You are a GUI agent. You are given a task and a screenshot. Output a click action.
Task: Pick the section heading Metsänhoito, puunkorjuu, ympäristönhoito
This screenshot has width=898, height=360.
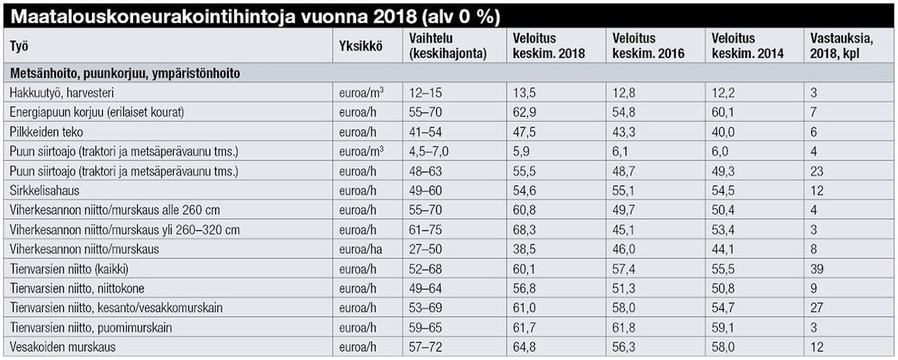point(125,73)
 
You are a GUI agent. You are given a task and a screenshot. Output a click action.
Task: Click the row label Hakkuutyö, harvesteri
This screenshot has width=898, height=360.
point(62,93)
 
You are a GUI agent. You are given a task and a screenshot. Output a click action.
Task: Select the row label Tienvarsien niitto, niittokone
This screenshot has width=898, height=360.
point(77,288)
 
